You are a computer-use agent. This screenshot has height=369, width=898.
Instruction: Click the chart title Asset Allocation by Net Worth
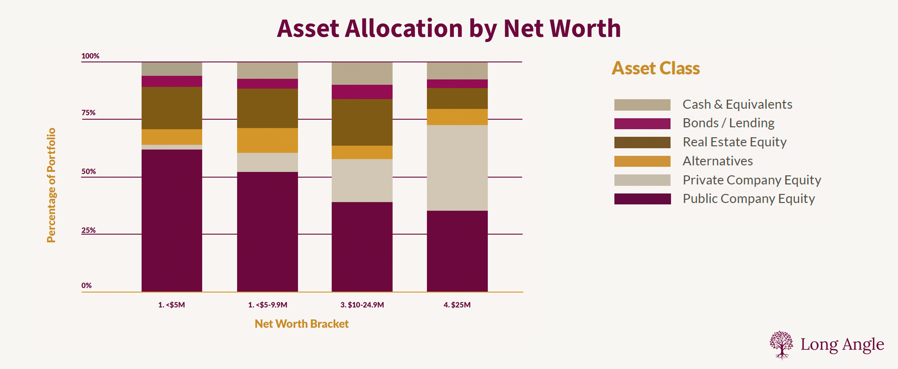449,29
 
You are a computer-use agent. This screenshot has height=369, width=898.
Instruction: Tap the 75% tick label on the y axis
89,113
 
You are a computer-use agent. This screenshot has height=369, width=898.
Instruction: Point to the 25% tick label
89,230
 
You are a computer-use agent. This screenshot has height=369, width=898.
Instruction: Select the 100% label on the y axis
90,56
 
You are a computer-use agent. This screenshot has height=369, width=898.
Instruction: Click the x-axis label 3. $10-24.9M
362,305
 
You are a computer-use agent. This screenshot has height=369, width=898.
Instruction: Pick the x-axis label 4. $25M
457,305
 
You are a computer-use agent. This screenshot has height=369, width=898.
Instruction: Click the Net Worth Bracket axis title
301,324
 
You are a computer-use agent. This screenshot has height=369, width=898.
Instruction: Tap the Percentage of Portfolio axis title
51,185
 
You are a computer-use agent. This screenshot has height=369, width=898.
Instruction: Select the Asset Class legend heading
656,68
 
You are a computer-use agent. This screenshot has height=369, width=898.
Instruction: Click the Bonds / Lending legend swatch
642,124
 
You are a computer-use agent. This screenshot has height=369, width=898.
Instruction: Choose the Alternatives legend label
717,161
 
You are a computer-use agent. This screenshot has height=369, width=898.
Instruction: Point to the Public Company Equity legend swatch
642,199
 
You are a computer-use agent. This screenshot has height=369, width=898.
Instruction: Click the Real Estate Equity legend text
734,142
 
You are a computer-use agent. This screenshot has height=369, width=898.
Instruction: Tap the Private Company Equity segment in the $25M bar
457,168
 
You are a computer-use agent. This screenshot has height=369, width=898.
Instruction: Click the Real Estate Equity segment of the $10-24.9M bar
362,122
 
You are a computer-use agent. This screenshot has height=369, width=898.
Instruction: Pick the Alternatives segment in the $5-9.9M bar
267,140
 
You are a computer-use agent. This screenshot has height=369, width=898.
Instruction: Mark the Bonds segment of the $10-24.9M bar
362,92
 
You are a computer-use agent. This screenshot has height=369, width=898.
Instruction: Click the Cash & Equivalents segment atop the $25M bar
457,70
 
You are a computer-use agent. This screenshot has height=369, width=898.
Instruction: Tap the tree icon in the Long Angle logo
781,345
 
